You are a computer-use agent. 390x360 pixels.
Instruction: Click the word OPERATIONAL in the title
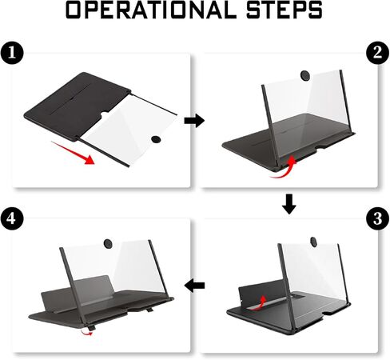151,10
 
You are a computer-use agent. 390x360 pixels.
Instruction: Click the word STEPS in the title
284,10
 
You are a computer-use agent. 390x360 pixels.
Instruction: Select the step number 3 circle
378,218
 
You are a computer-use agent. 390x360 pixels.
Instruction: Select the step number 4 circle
12,218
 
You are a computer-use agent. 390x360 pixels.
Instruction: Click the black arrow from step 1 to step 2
194,121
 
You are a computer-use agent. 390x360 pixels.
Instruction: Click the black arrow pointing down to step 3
289,204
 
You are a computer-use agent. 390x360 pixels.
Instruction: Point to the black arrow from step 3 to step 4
194,286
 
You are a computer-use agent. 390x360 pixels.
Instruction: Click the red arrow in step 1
74,153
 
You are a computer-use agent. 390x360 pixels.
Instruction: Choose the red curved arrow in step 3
258,304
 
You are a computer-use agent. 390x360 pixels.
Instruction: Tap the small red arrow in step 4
87,332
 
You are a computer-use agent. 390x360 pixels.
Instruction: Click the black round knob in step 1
156,139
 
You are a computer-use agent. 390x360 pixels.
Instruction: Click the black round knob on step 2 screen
305,75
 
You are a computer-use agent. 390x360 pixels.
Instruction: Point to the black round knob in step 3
314,242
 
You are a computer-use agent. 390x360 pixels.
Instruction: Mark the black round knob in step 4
108,244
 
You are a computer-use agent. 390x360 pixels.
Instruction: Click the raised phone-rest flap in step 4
78,292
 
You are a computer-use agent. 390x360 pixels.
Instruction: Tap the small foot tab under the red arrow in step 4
91,327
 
